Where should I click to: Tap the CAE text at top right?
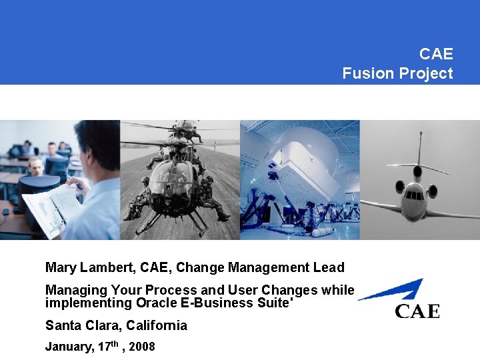[436, 54]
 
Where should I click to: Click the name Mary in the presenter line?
[61, 268]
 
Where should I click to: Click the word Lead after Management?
[329, 268]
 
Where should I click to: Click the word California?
[157, 326]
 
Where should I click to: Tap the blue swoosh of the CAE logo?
[393, 291]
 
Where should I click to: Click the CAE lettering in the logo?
[417, 311]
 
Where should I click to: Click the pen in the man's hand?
[76, 184]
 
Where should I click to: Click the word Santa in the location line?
[62, 326]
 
